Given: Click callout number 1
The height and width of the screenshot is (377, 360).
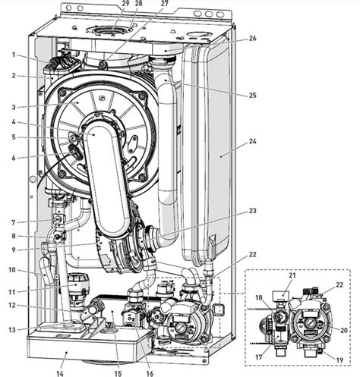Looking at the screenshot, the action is [14, 55].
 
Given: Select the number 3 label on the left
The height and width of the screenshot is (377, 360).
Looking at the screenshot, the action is [14, 107].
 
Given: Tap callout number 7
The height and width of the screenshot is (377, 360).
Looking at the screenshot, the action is [14, 223].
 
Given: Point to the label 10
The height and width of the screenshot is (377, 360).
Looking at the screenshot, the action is [12, 270].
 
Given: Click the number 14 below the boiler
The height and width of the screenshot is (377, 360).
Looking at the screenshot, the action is [60, 373].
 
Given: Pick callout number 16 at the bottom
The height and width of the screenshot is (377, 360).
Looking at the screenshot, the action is [150, 373].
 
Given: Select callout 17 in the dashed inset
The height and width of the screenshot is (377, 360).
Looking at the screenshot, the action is [258, 357].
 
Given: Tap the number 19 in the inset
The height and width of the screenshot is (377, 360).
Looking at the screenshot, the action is [339, 360].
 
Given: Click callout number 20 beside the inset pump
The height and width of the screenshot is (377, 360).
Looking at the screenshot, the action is [343, 330].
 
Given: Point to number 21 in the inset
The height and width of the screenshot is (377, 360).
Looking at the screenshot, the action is [292, 275].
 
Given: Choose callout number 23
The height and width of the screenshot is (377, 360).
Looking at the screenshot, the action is [252, 211].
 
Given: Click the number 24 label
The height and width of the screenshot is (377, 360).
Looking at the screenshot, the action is [252, 140].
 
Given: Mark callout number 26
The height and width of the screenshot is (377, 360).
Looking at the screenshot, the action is [252, 39].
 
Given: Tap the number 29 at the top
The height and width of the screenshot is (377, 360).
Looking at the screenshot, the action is [125, 3].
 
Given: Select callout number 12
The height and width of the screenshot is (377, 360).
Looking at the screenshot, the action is [12, 306].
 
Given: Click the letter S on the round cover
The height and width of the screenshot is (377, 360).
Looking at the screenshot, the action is [103, 97].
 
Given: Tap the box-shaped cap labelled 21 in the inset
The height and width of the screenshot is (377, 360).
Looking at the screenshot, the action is [282, 294].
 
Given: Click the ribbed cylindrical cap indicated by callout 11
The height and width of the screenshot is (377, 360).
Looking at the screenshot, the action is [77, 284].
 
